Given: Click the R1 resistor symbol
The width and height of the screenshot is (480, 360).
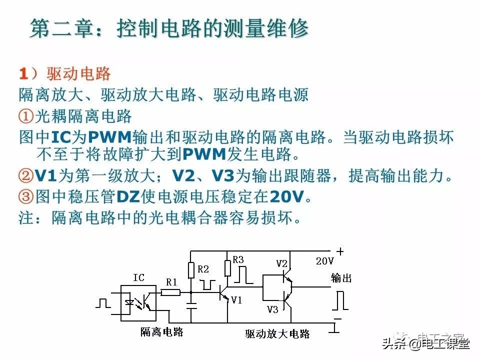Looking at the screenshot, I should click(x=171, y=292).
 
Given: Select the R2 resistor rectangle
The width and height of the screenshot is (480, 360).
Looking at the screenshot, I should click(x=191, y=270).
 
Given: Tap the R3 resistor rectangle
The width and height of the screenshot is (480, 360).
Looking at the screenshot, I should click(x=228, y=267).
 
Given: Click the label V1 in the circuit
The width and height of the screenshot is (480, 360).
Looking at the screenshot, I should click(x=236, y=299).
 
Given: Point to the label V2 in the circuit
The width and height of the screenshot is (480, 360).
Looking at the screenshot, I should click(x=282, y=263).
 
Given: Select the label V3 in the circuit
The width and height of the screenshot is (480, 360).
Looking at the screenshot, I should click(x=272, y=309).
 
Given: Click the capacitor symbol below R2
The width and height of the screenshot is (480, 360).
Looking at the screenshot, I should click(x=191, y=305).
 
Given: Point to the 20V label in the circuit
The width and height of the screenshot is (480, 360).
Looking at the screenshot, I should click(x=324, y=261).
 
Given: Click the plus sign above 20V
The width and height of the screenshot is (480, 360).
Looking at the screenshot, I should click(x=340, y=251).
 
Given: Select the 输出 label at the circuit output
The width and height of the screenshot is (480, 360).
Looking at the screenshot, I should click(x=341, y=278).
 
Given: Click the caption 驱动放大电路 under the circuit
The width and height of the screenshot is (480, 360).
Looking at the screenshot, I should click(x=277, y=333).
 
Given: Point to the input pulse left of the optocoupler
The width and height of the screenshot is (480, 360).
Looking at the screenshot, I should click(x=103, y=302).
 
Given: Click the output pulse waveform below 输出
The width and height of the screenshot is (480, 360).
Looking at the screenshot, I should click(x=340, y=300).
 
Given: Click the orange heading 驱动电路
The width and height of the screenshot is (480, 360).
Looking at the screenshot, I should click(x=78, y=74).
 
